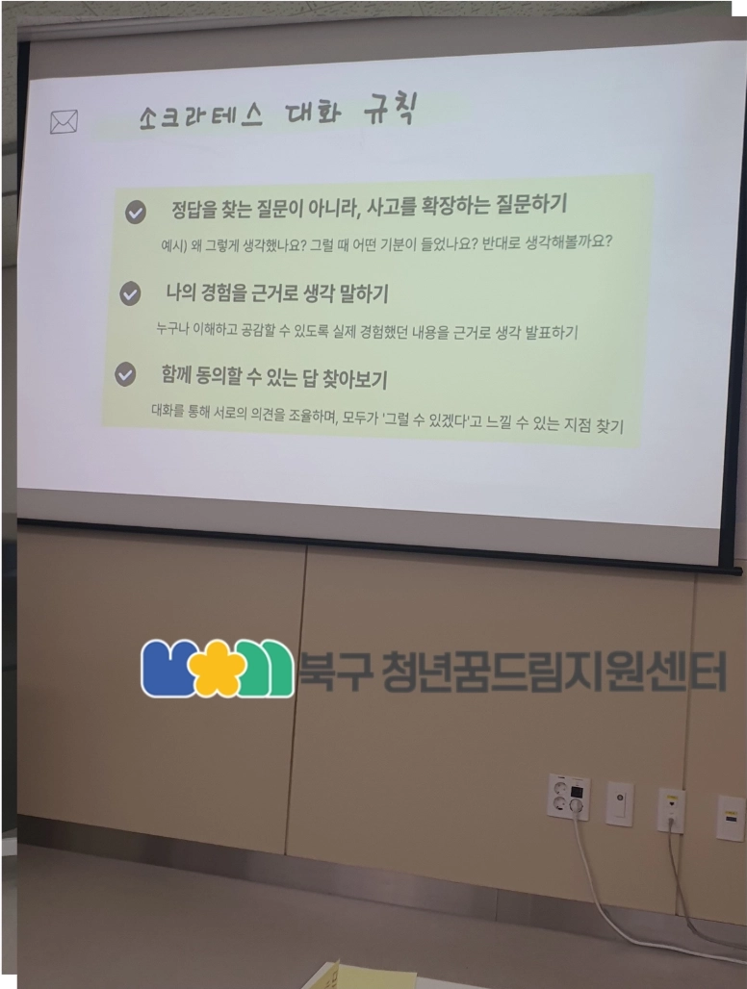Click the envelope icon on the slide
point(64,121)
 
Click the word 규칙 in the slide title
point(391,109)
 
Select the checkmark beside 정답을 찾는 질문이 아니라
point(135,212)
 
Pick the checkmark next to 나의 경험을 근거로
point(130,293)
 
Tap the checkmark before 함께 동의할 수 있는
point(125,374)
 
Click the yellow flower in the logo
point(217,668)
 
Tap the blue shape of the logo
point(166,669)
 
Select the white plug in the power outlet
point(576,805)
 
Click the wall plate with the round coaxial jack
point(620,803)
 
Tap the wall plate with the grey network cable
point(671,810)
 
